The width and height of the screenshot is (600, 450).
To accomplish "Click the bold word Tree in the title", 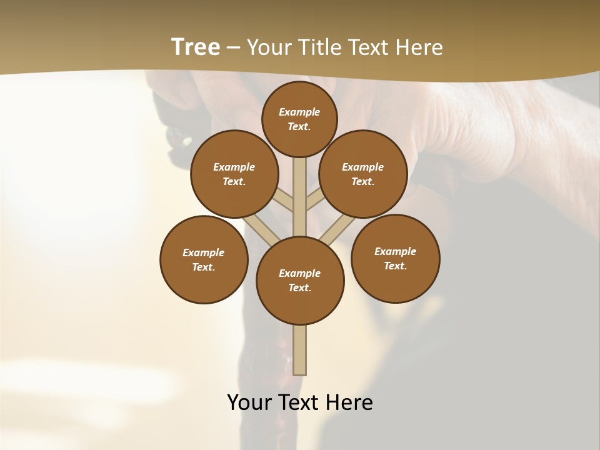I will tap(196, 47).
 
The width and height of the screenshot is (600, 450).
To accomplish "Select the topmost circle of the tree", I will tap(299, 119).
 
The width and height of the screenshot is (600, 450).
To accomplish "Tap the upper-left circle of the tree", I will tap(234, 174).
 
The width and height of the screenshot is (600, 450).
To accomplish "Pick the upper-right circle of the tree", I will tap(363, 174).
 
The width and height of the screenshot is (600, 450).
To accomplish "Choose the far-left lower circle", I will tap(204, 259).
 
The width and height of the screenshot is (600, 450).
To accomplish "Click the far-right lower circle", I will tap(396, 258).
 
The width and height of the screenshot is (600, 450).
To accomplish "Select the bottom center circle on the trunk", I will tap(300, 281).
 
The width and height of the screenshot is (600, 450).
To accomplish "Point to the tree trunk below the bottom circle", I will tap(300, 350).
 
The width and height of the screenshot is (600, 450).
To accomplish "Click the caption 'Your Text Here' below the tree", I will tap(300, 402).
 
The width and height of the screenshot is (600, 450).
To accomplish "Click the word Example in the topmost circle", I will tap(299, 112).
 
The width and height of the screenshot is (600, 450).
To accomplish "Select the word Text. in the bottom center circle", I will tap(300, 288).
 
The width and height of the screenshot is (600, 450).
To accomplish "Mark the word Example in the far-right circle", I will tap(396, 251).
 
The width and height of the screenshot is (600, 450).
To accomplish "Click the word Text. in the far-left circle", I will tap(204, 267).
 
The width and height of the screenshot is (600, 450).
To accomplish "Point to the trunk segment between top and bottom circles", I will tap(300, 197).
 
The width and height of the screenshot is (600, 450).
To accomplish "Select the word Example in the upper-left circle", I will tap(234, 167).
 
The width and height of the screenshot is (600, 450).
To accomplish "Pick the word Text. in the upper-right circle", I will tap(363, 181).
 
